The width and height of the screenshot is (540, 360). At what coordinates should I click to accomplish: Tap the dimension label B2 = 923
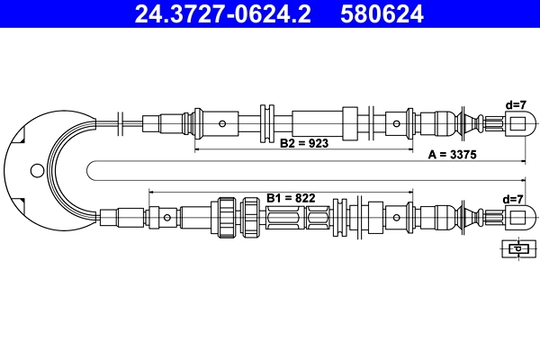click(x=304, y=143)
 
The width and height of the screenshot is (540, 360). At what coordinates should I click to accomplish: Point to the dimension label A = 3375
click(x=452, y=155)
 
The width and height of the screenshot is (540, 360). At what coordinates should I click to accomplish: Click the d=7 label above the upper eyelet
click(x=516, y=104)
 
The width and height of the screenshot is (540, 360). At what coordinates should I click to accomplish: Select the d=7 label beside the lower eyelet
click(x=514, y=199)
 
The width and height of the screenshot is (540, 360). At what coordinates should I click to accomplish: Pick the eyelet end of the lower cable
click(x=516, y=217)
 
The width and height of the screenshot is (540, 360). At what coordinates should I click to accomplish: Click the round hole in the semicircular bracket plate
click(x=35, y=169)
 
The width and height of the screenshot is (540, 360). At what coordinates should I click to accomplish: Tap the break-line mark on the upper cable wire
click(x=121, y=121)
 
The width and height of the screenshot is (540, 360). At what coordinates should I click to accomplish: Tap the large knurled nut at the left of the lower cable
click(x=224, y=217)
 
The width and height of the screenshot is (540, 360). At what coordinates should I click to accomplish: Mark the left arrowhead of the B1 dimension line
click(x=151, y=191)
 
